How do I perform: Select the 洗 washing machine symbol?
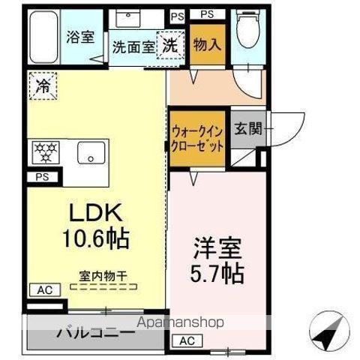tap(170, 44)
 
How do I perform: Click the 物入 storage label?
tap(205, 44)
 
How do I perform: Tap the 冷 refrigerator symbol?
tap(43, 85)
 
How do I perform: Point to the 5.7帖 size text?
tap(216, 273)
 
